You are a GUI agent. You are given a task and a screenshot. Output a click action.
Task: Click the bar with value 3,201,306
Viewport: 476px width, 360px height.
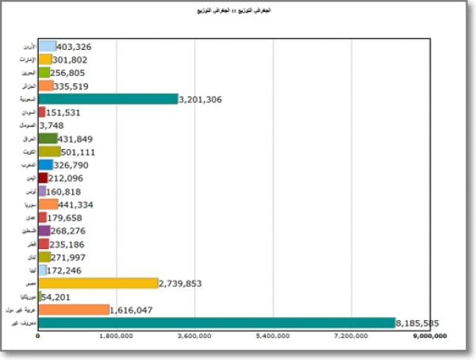click(x=108, y=99)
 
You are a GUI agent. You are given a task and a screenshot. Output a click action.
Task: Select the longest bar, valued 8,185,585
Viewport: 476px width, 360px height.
click(x=216, y=323)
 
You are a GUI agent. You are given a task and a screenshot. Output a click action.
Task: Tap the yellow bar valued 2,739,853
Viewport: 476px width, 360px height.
click(x=98, y=283)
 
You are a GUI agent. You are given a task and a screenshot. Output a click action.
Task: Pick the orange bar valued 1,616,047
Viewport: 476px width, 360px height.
click(x=73, y=309)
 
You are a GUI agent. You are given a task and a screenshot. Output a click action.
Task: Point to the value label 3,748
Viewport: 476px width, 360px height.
click(x=51, y=125)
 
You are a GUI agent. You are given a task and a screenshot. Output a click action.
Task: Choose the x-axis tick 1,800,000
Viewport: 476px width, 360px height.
click(x=117, y=336)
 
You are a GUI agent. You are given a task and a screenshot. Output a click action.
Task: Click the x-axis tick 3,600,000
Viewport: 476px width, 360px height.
click(x=195, y=336)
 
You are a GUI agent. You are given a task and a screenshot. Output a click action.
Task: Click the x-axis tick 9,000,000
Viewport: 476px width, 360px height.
click(x=430, y=336)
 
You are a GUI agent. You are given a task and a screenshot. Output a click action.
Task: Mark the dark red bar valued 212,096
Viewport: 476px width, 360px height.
click(x=43, y=178)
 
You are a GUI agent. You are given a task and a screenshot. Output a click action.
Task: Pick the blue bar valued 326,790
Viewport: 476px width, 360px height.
click(x=45, y=165)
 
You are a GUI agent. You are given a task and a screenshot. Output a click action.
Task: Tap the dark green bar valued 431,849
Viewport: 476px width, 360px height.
click(x=48, y=139)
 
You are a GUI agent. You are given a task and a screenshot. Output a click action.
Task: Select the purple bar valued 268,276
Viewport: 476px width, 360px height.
click(x=44, y=231)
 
